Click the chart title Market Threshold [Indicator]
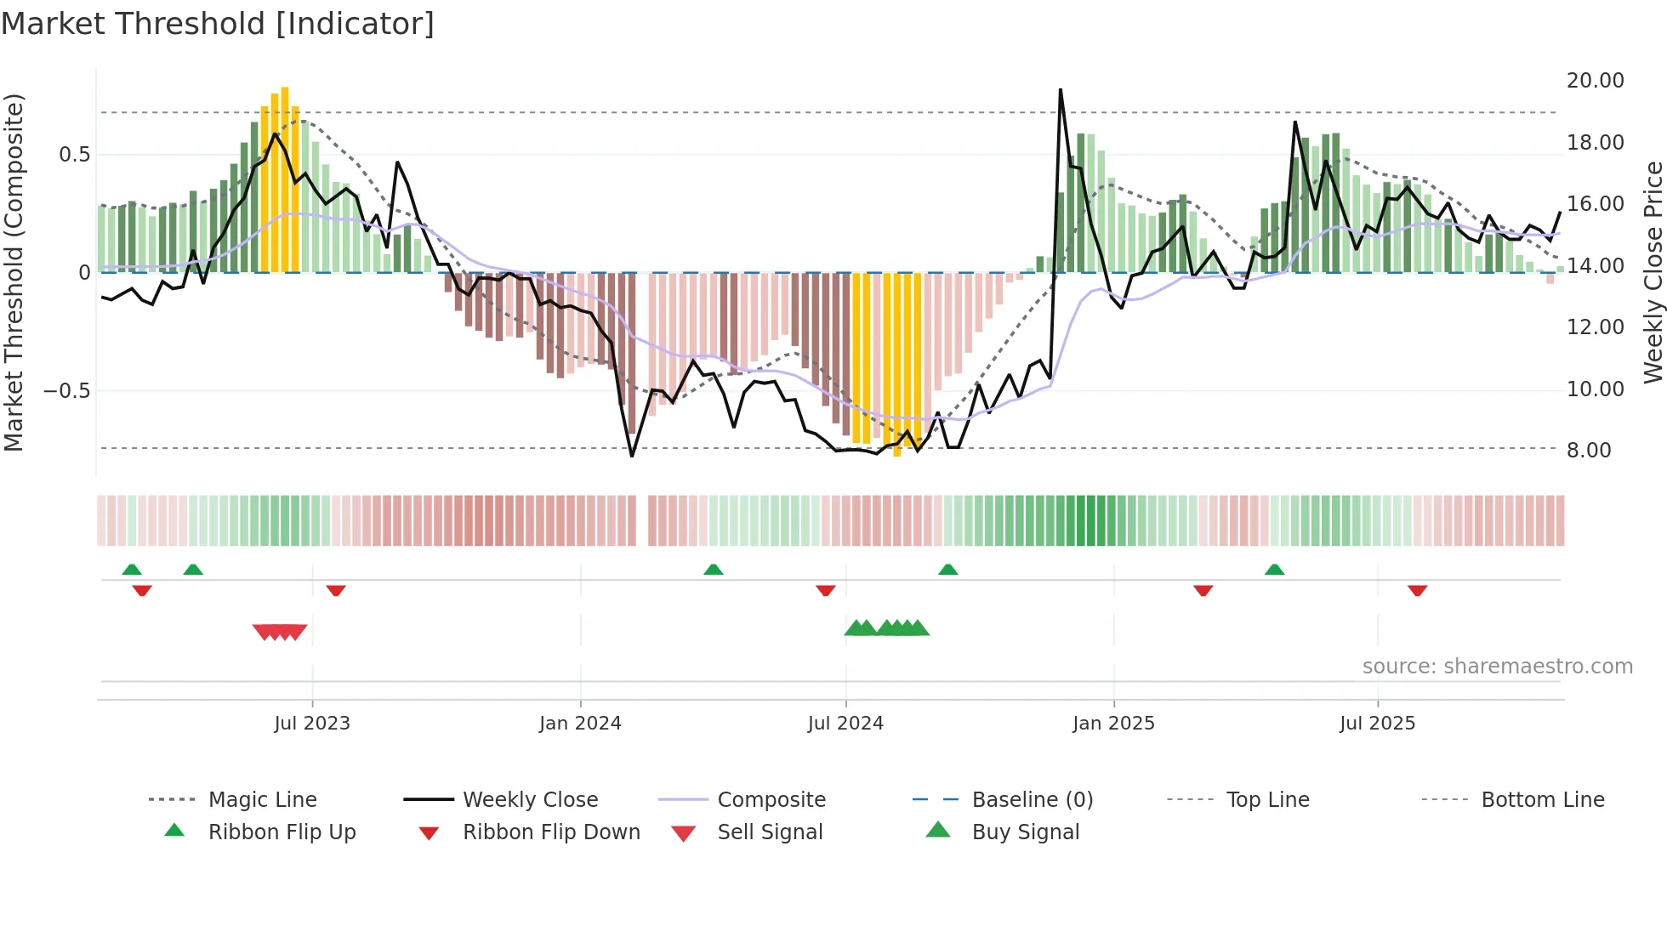(x=218, y=24)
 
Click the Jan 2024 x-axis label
(x=580, y=724)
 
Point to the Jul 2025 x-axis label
(x=1377, y=724)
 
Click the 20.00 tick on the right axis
(x=1595, y=81)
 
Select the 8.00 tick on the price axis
(x=1589, y=451)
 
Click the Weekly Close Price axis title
(x=1653, y=272)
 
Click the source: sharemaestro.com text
(x=1497, y=667)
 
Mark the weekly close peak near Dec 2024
(x=1061, y=90)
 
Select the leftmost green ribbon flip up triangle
(x=132, y=570)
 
